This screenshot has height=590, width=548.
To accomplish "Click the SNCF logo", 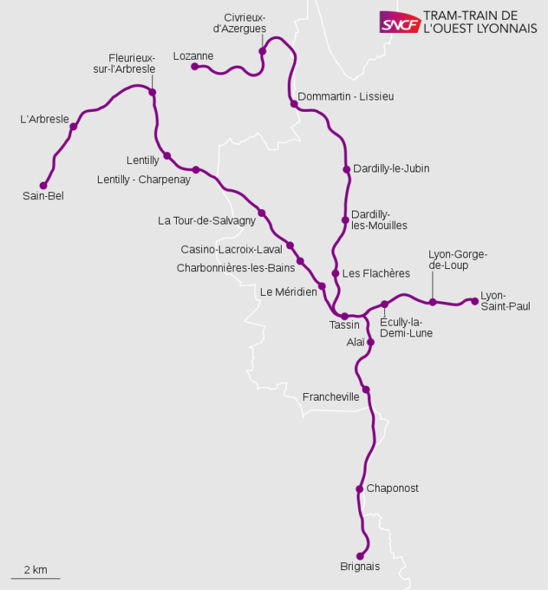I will [x=400, y=22].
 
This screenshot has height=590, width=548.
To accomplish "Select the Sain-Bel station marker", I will [x=43, y=185].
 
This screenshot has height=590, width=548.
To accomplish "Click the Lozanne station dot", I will [x=194, y=67].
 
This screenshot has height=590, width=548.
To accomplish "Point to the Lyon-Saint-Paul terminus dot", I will [x=475, y=301].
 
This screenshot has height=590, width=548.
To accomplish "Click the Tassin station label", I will [x=344, y=326].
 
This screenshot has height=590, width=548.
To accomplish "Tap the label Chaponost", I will [x=393, y=488].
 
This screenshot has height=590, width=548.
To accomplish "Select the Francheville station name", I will [x=331, y=397].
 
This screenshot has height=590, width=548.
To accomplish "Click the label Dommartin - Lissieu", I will [x=346, y=97].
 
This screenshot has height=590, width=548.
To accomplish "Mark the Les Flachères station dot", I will [x=335, y=274].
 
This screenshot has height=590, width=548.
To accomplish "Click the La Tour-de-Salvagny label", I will [x=206, y=221].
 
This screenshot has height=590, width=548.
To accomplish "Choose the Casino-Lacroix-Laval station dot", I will [x=290, y=246].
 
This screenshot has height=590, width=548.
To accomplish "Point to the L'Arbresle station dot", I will [x=73, y=126].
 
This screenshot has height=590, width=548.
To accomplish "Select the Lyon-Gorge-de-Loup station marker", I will [x=432, y=302].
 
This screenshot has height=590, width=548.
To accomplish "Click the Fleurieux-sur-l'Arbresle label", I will [x=132, y=63].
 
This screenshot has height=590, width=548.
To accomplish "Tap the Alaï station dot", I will [x=370, y=342].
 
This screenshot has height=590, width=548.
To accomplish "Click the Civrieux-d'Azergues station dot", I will [x=263, y=51].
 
